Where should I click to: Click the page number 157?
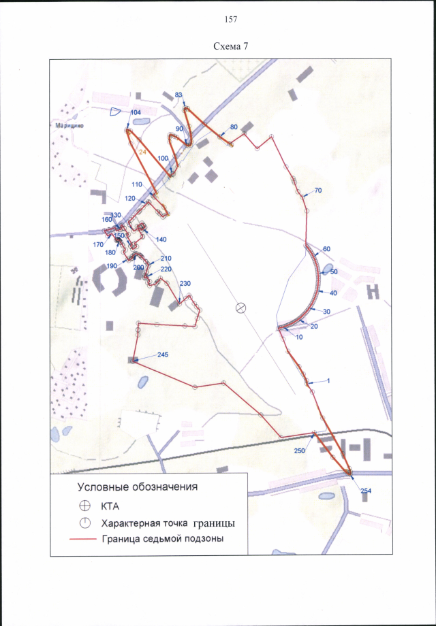tap(230, 20)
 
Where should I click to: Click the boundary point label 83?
tap(179, 95)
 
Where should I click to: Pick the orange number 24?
tap(142, 153)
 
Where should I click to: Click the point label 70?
tap(317, 190)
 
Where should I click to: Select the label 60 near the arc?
tap(326, 248)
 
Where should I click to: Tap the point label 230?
tap(185, 283)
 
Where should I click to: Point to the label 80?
tap(234, 127)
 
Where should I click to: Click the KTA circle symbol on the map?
tap(240, 308)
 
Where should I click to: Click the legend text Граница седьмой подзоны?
tap(163, 540)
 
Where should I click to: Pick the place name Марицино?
tap(65, 125)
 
